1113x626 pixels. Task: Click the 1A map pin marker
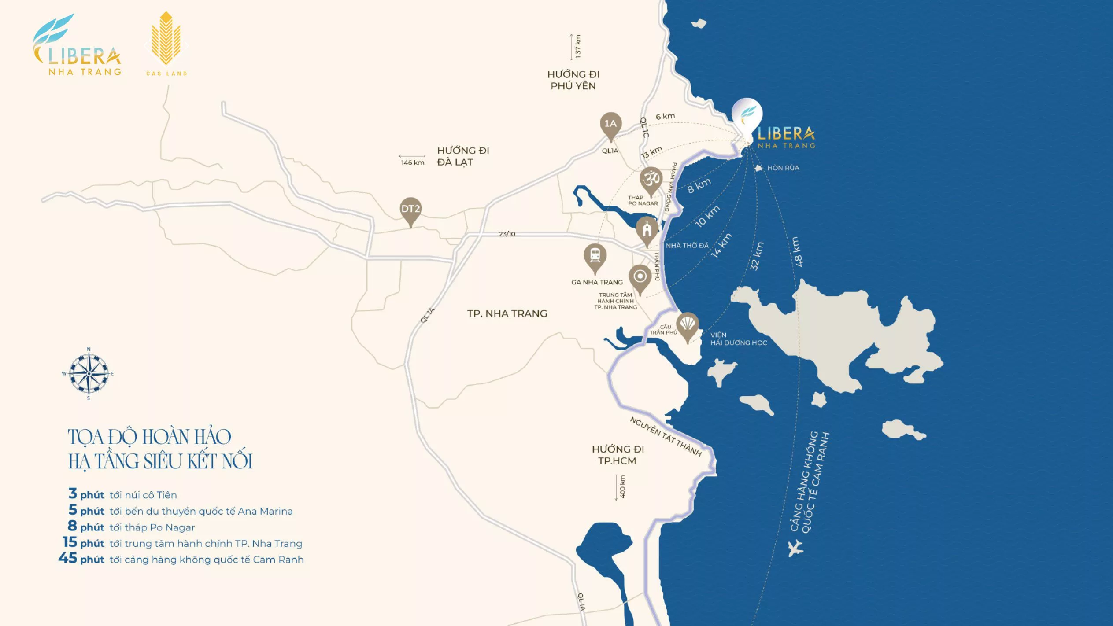tap(610, 124)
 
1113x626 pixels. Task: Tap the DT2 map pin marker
tap(410, 209)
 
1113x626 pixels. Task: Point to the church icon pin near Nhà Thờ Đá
tap(647, 229)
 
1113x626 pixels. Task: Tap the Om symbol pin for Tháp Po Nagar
tap(651, 179)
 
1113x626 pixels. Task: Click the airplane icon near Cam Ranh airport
tap(795, 549)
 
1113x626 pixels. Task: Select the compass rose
tap(89, 374)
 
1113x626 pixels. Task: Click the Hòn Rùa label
tap(783, 168)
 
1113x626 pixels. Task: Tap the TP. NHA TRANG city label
tap(507, 313)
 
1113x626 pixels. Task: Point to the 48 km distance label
tap(798, 252)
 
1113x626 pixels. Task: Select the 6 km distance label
tap(665, 116)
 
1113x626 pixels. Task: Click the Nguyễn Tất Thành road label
tap(665, 437)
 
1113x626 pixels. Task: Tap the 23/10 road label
tap(507, 234)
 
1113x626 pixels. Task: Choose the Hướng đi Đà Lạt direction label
tap(462, 156)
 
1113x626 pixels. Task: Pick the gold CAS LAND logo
tap(166, 44)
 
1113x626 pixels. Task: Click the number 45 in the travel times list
tap(68, 558)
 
